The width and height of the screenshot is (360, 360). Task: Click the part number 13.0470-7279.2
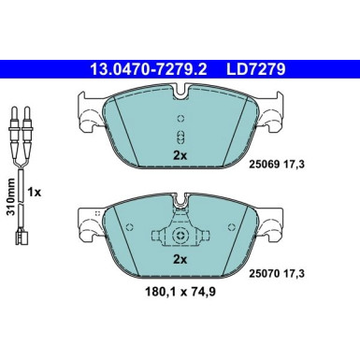point(149,69)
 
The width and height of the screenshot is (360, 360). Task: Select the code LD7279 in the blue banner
point(255,69)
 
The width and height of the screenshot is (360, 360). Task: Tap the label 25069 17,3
point(276,164)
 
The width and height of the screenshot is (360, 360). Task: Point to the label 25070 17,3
point(276,274)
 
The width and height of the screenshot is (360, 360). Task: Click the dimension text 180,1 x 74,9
point(180,292)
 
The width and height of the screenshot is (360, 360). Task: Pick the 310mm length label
point(11,196)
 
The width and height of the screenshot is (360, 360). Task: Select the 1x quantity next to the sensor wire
point(35,193)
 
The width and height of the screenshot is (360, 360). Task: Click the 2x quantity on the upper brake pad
point(180,155)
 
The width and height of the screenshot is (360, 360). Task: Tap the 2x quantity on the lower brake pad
point(180,259)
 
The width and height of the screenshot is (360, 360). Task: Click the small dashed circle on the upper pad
point(180,119)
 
